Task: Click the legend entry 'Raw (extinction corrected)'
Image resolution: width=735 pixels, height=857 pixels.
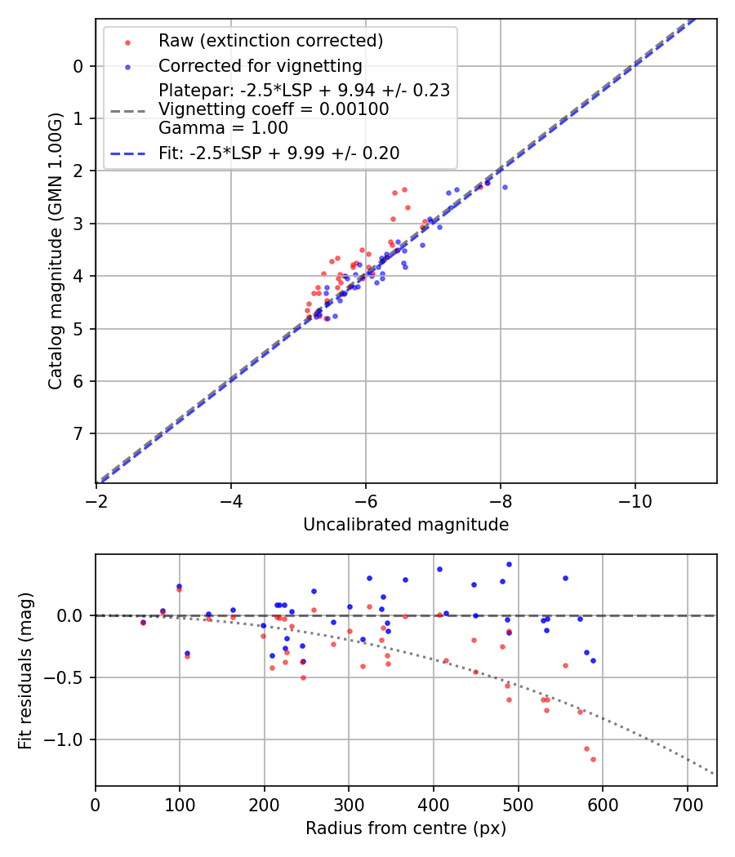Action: click(x=270, y=41)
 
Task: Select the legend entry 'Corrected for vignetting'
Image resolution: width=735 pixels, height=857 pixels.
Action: click(x=260, y=65)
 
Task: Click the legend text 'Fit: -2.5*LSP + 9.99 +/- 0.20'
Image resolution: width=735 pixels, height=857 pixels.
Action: click(x=278, y=153)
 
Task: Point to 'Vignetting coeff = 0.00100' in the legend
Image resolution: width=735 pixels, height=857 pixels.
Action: click(x=274, y=109)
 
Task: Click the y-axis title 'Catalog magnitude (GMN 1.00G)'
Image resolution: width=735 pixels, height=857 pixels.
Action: click(x=55, y=251)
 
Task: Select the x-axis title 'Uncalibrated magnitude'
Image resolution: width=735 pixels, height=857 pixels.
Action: click(x=406, y=525)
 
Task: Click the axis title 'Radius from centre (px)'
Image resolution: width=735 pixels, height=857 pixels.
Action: click(x=406, y=828)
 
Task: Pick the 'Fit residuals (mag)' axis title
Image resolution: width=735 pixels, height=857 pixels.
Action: click(x=25, y=670)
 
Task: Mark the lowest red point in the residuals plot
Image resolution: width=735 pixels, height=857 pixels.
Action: click(x=593, y=759)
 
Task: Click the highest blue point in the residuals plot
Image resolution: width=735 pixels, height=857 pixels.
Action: click(x=509, y=564)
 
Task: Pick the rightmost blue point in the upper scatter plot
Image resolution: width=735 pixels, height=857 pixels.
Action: click(x=505, y=187)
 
